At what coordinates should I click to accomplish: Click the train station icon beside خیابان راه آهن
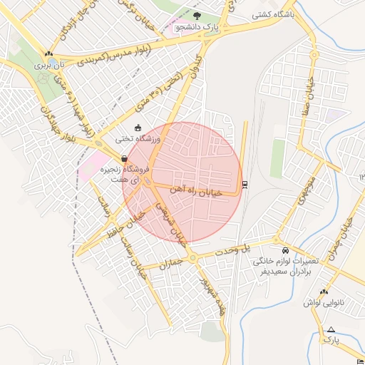pos(245,185)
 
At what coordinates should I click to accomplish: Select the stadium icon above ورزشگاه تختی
pos(138,128)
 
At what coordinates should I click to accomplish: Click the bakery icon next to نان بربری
pos(48,53)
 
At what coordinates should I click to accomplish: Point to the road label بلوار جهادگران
pos(49,125)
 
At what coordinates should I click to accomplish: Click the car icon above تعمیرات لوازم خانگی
pos(285,251)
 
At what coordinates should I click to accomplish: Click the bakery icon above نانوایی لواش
pos(324,292)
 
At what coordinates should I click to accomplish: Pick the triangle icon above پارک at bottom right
pos(331,329)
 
